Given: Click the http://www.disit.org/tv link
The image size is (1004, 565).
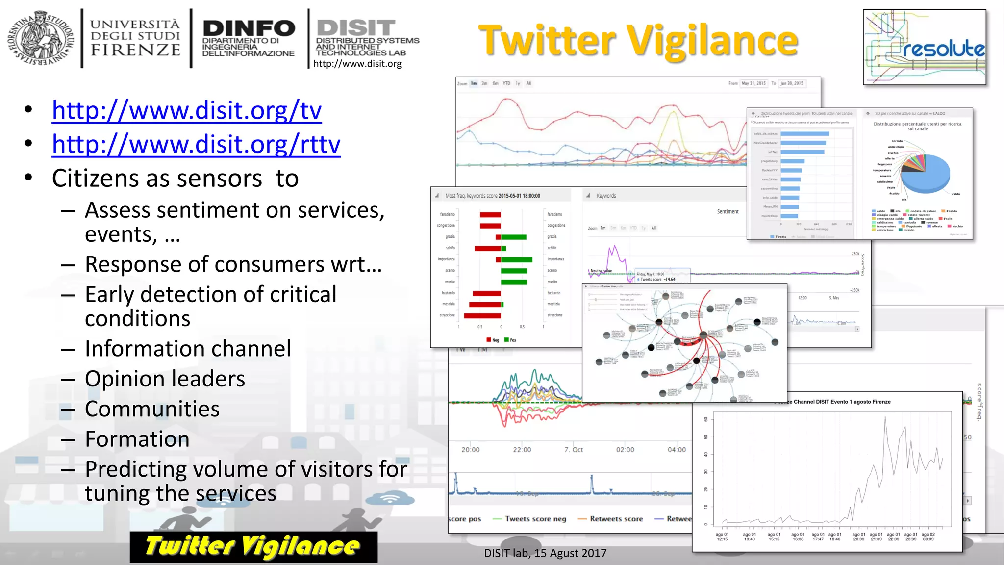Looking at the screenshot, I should (186, 110).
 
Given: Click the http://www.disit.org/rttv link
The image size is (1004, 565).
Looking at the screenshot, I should (196, 144).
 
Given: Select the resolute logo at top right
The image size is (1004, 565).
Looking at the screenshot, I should (924, 48).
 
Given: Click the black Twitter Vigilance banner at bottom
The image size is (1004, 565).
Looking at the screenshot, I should (253, 546).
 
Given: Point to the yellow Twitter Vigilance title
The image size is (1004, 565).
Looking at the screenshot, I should (638, 41).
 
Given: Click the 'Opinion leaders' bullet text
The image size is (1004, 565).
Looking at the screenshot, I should (165, 379).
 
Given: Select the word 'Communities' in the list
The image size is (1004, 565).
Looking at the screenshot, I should (152, 409).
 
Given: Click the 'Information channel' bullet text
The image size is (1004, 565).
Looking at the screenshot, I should (188, 349).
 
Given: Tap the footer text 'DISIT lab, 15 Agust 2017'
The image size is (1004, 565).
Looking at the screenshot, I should (545, 553).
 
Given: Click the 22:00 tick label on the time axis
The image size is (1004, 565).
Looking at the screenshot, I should (522, 450).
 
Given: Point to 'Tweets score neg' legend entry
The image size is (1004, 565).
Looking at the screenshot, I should (535, 519).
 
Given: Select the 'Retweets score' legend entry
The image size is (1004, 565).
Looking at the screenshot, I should (616, 519).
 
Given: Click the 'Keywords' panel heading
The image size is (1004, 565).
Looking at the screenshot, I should (606, 196).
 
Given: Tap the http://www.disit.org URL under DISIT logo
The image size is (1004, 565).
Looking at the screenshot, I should (357, 64).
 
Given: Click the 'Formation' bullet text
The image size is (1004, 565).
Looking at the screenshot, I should (137, 439).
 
